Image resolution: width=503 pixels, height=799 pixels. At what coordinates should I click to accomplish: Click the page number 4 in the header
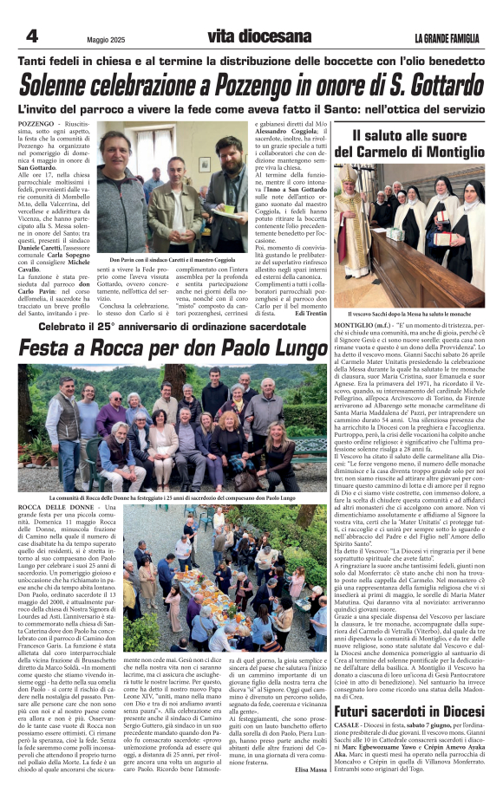click(31, 36)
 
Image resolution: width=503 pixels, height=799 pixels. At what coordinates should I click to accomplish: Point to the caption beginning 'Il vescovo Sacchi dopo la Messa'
click(408, 312)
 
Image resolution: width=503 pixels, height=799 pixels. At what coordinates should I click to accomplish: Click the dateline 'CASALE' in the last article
click(348, 726)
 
